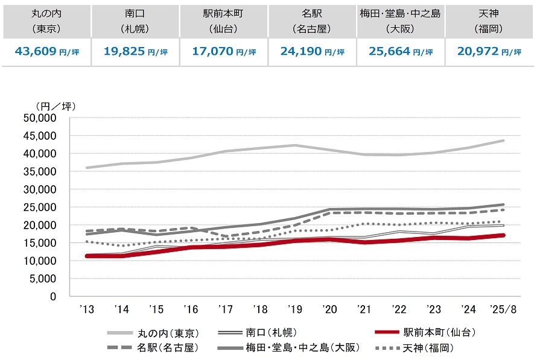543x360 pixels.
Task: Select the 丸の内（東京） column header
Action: point(46,19)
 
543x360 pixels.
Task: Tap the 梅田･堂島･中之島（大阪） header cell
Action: point(401,19)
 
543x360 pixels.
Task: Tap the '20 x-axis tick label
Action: point(329,310)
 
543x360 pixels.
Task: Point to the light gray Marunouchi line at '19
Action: point(294,145)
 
